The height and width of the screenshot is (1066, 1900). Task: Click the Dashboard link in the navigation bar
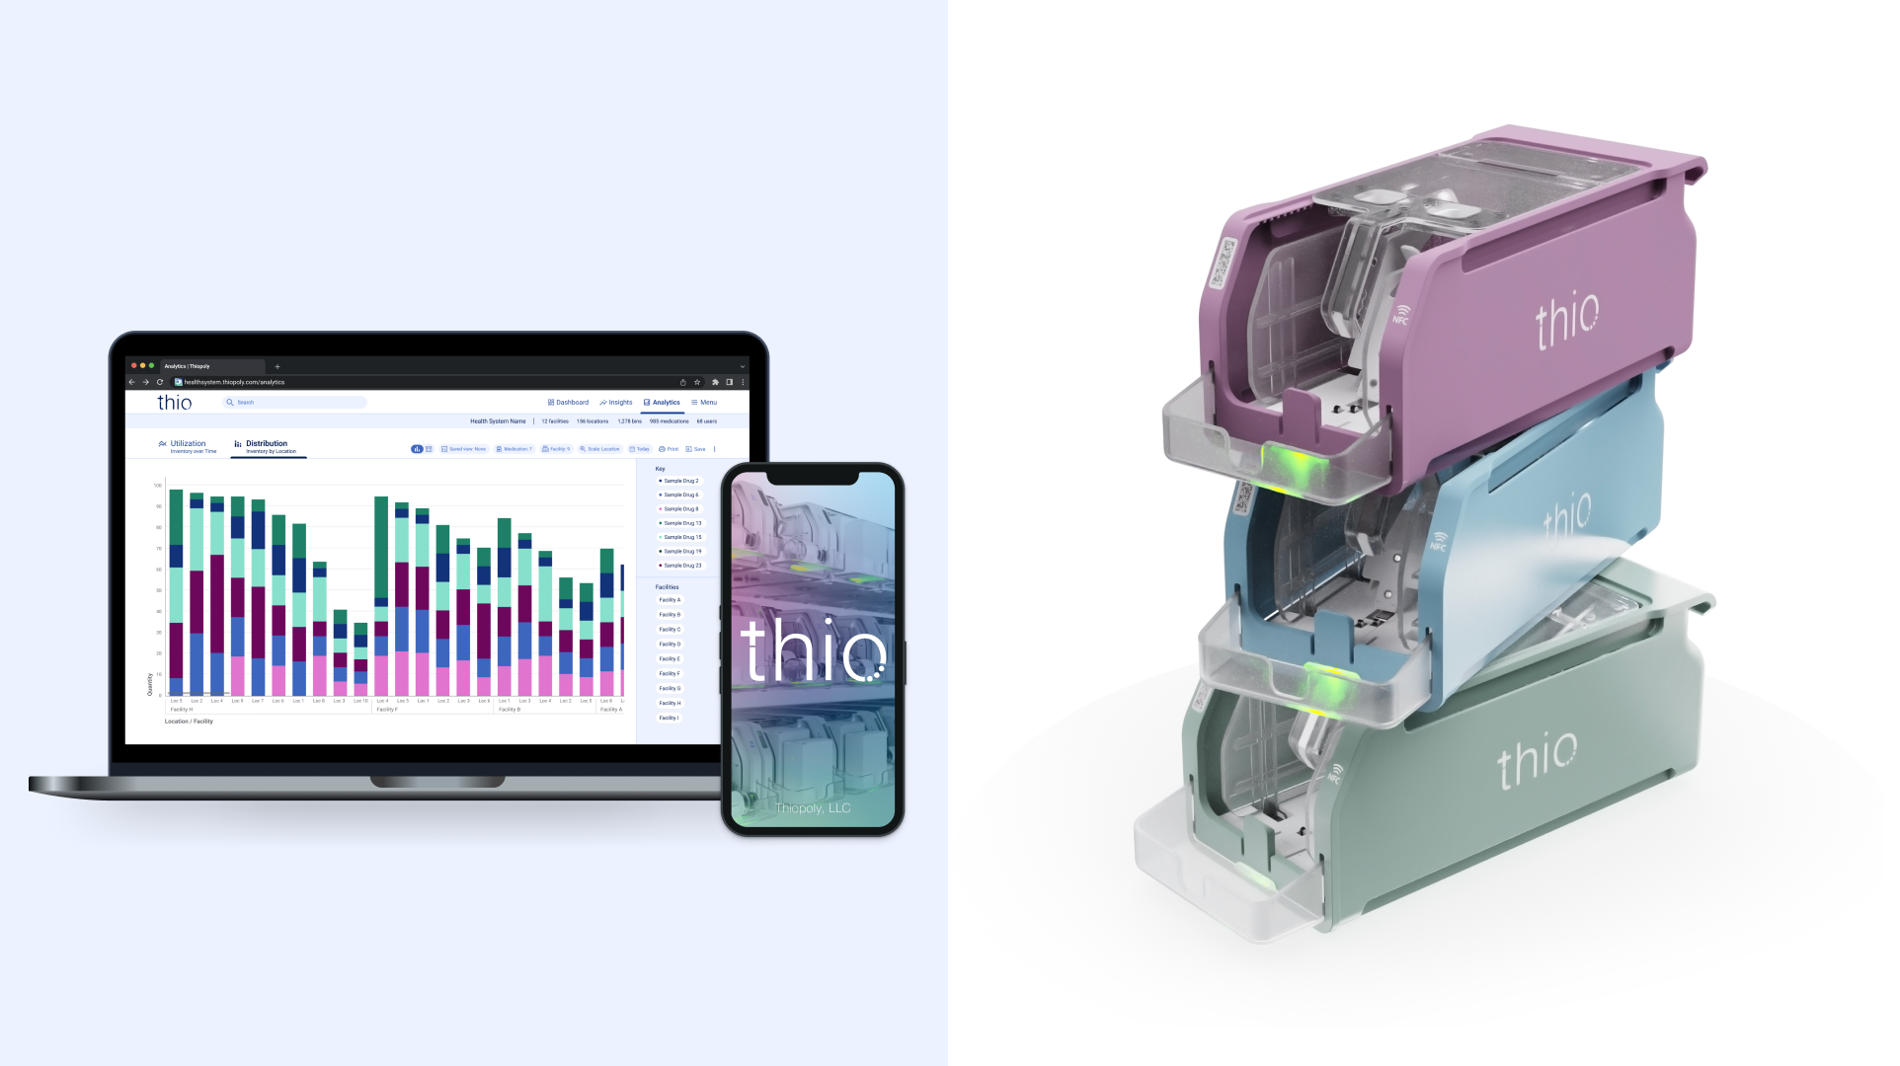(x=569, y=403)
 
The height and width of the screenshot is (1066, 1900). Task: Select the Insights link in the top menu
(x=616, y=403)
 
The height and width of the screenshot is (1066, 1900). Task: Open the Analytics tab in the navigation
(x=662, y=403)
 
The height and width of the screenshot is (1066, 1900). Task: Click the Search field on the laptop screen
(x=296, y=403)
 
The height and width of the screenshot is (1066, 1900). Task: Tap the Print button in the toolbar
(x=669, y=449)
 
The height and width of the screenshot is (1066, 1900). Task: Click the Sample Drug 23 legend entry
(x=681, y=566)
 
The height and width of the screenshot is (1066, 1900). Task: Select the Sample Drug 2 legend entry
(x=680, y=481)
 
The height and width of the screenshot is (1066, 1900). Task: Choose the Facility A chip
(x=670, y=600)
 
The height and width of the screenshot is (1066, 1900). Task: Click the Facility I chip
(x=669, y=718)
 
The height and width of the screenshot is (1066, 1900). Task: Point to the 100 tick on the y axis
(x=157, y=486)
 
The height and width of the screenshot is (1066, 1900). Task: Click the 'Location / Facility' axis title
(x=189, y=722)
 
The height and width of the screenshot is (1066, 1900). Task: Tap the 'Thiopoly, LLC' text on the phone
(x=813, y=808)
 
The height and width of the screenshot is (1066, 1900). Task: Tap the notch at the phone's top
(x=813, y=478)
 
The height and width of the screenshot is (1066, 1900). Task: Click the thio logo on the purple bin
(x=1567, y=320)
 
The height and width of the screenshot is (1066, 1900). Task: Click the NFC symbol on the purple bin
(x=1401, y=315)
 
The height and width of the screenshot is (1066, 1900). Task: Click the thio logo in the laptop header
(x=175, y=403)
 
